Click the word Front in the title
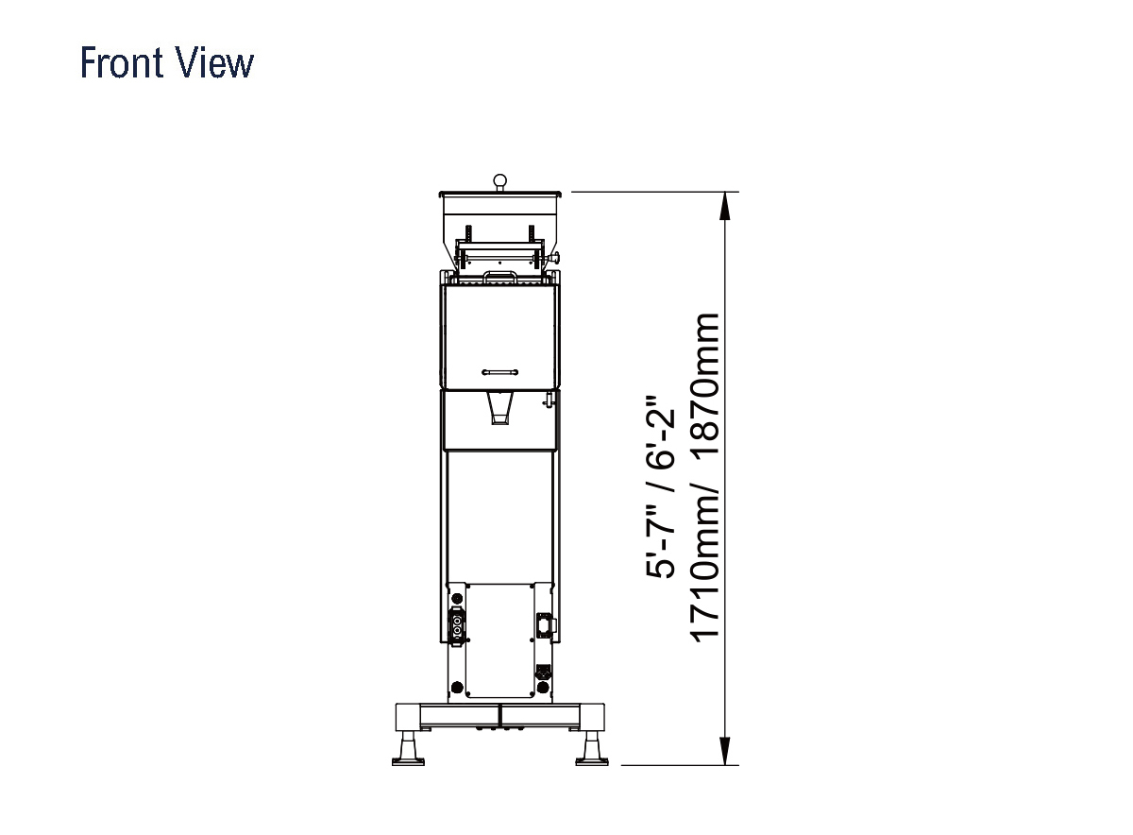tap(122, 62)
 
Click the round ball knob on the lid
tap(499, 180)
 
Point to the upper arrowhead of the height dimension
tap(725, 206)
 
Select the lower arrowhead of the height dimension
tap(725, 751)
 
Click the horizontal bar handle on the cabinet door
tap(499, 372)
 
